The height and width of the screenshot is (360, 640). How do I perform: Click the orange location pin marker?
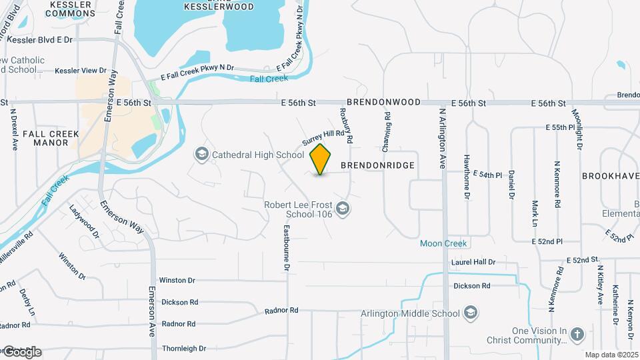tap(321, 159)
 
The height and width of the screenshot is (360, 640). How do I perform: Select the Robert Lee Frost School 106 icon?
tap(343, 209)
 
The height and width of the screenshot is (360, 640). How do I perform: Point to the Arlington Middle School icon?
tap(471, 313)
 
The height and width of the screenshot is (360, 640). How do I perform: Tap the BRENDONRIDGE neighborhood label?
tap(378, 165)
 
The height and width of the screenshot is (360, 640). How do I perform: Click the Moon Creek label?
tap(443, 243)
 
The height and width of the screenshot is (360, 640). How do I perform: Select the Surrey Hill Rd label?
tap(326, 138)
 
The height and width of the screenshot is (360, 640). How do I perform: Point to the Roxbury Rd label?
tap(346, 124)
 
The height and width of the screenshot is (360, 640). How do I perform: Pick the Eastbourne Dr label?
tap(287, 247)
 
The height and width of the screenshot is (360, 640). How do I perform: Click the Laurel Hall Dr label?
tap(473, 263)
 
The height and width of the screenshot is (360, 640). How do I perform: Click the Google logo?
tap(21, 352)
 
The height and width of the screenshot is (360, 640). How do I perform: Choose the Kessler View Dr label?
tap(81, 70)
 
